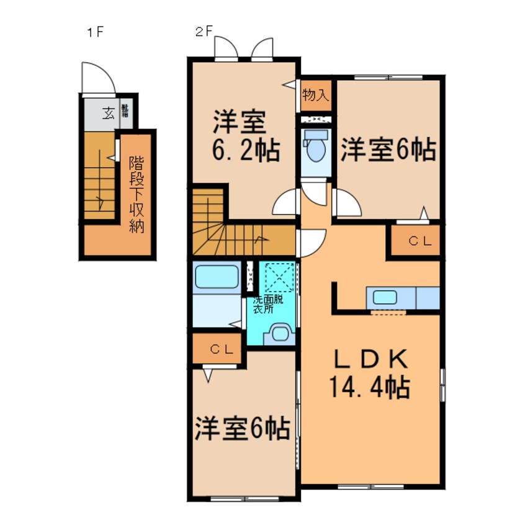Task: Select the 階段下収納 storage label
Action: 136,194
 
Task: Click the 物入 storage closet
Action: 316,95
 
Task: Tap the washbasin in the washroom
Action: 277,333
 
